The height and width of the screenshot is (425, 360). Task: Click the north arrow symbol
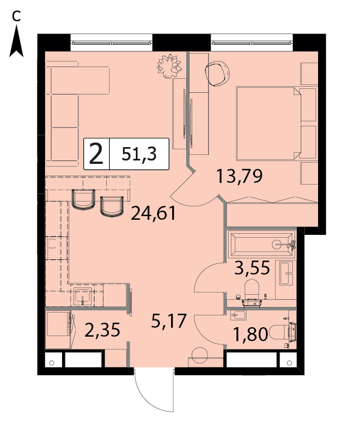click(x=17, y=41)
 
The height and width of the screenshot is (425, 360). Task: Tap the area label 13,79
click(x=239, y=176)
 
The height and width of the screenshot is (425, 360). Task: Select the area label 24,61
click(x=154, y=213)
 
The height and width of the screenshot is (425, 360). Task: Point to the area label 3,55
click(x=252, y=267)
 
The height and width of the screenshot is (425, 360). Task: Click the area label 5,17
click(x=169, y=320)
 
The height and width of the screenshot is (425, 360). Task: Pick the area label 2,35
click(x=102, y=330)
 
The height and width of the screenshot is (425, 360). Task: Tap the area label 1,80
click(x=250, y=334)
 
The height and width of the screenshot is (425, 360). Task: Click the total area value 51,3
click(x=139, y=154)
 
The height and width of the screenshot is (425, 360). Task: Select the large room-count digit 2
click(x=96, y=154)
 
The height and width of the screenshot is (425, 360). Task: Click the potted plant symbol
click(x=169, y=66)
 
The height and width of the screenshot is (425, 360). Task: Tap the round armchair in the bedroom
click(x=217, y=73)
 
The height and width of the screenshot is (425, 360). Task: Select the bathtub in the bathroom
click(x=262, y=244)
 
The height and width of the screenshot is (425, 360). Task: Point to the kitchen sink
click(x=82, y=296)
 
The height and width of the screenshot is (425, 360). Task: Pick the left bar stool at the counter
click(x=83, y=200)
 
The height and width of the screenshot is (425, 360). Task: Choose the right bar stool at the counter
click(x=112, y=206)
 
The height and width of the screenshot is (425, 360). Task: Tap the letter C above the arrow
click(x=16, y=17)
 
